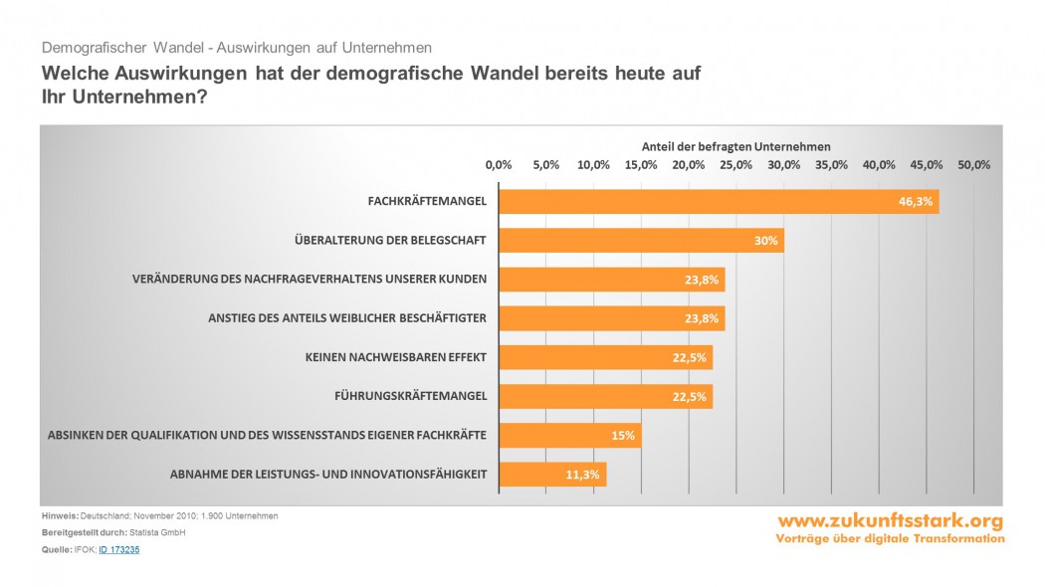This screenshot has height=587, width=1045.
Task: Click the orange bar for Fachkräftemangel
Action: pos(717,201)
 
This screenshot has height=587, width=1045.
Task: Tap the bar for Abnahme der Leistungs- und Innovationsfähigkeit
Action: pos(551,475)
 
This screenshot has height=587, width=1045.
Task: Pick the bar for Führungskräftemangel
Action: pos(604,396)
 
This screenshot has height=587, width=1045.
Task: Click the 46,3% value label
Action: pos(915,201)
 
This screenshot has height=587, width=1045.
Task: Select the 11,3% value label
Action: pos(582,475)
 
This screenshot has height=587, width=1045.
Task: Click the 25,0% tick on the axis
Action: pos(736,165)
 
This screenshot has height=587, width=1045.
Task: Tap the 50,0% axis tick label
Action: pos(973,165)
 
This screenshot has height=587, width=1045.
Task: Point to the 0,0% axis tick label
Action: pos(498,165)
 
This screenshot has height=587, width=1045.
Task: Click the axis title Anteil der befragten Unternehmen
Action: pos(735,146)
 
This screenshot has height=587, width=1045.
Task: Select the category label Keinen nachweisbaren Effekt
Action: pos(396,357)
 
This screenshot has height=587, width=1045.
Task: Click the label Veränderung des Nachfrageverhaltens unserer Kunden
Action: pos(310,279)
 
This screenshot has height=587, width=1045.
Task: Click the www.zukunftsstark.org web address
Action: pos(890,521)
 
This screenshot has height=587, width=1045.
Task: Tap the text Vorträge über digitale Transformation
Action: pos(890,538)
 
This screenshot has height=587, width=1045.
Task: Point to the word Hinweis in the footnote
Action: pos(59,515)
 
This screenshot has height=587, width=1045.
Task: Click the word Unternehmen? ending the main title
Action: pos(137,98)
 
